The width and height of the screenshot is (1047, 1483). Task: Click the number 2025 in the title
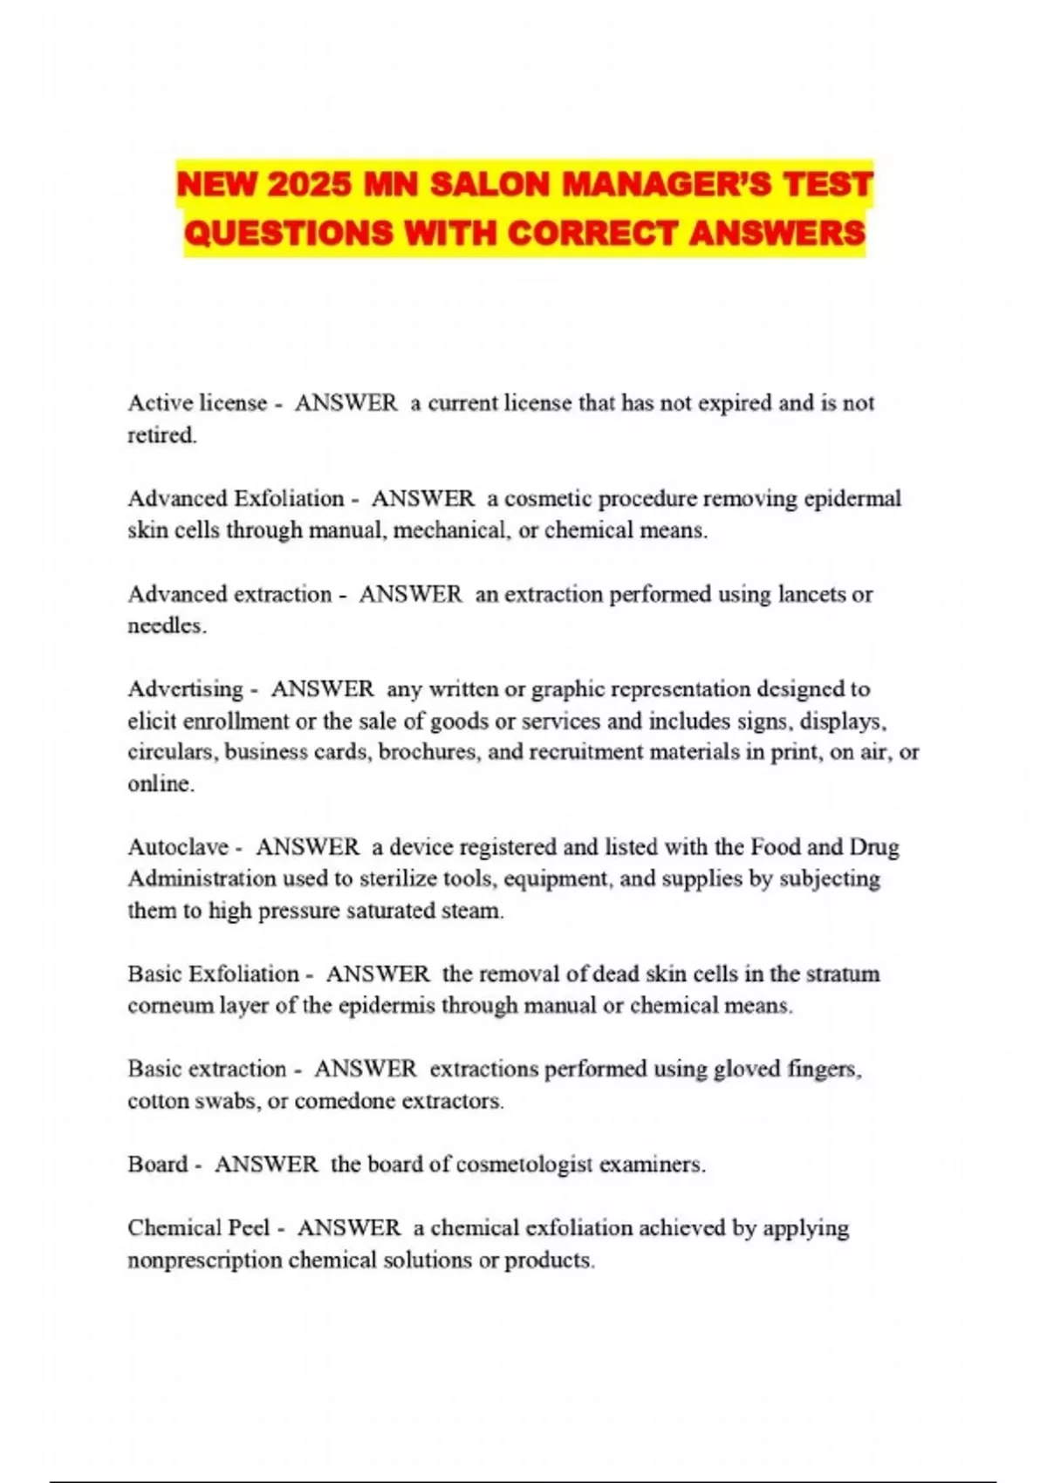click(310, 185)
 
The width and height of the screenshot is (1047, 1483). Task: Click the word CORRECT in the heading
click(592, 233)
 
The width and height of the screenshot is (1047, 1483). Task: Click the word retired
click(162, 434)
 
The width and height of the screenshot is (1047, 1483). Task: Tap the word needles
click(167, 625)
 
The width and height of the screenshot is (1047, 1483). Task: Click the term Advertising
click(186, 689)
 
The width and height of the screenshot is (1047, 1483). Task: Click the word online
click(161, 783)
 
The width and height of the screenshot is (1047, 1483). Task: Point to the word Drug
click(874, 847)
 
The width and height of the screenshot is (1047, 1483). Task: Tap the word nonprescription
click(205, 1261)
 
